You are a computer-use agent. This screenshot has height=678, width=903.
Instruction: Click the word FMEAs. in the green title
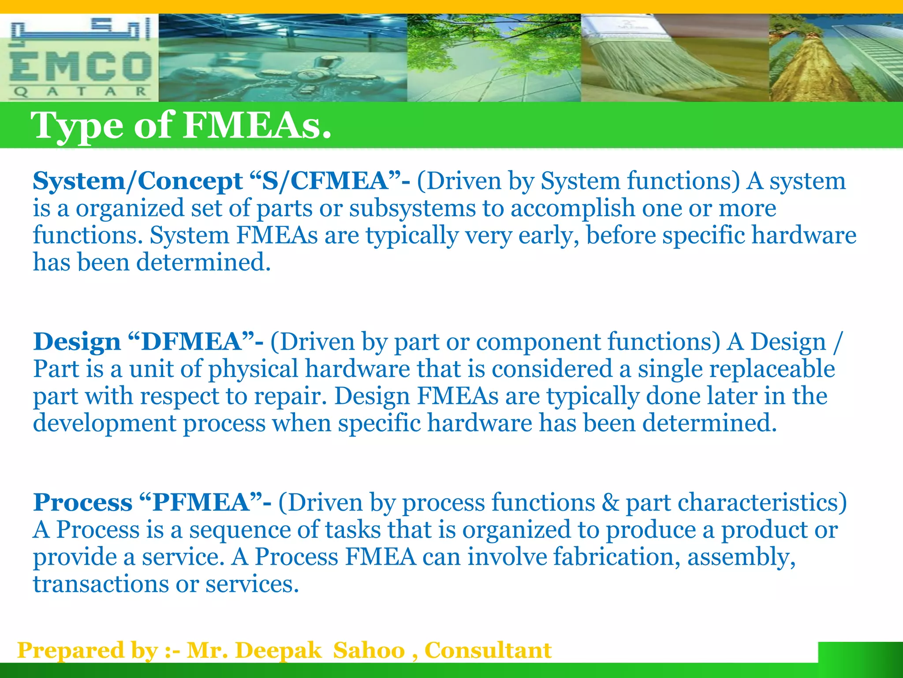(x=257, y=125)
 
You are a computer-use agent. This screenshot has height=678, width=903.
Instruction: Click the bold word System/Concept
(x=137, y=181)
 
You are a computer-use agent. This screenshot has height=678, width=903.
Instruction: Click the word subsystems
(x=413, y=208)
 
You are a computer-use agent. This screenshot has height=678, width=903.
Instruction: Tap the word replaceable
(x=772, y=369)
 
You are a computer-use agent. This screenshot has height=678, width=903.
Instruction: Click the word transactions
(x=101, y=584)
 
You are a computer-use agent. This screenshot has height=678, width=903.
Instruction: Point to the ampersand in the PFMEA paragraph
(x=610, y=502)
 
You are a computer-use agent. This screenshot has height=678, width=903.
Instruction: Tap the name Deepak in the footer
(x=278, y=650)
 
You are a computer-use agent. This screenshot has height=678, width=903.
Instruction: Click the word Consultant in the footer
(x=488, y=650)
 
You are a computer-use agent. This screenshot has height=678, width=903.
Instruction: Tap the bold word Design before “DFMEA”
(x=77, y=342)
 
